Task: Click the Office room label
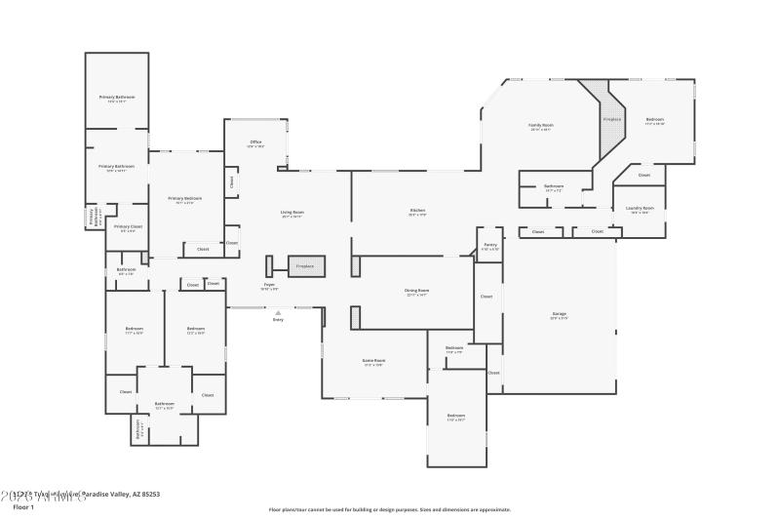[255, 142]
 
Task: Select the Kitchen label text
[417, 212]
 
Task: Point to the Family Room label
[540, 125]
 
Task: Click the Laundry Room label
[640, 208]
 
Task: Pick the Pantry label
[489, 247]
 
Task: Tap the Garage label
[559, 314]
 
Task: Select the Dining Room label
[417, 291]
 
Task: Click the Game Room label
[373, 361]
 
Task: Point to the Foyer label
[268, 285]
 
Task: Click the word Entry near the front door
[278, 319]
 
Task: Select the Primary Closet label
[128, 226]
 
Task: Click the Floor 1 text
[23, 507]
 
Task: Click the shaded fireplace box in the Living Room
[304, 265]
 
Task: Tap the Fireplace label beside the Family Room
[612, 119]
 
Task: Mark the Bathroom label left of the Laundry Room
[554, 186]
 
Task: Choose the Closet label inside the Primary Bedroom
[203, 249]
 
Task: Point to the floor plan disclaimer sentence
[390, 509]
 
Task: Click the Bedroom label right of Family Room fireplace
[654, 120]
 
